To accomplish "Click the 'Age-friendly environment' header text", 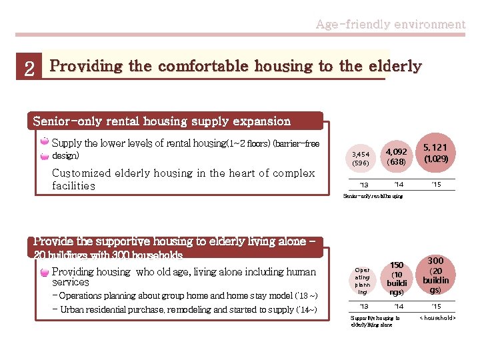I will pyautogui.click(x=390, y=25).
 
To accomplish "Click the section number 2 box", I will pyautogui.click(x=29, y=68).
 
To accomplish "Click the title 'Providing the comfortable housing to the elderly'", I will pyautogui.click(x=236, y=66).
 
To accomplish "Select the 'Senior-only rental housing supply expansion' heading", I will pyautogui.click(x=162, y=121).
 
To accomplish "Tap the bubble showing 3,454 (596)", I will pyautogui.click(x=361, y=158).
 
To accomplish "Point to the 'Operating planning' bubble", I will pyautogui.click(x=362, y=281).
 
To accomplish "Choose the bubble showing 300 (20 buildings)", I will pyautogui.click(x=435, y=275).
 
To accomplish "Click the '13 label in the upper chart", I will pyautogui.click(x=363, y=185).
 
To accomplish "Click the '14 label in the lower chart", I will pyautogui.click(x=399, y=307).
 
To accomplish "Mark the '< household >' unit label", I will pyautogui.click(x=437, y=318).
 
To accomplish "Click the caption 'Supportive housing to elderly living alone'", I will pyautogui.click(x=375, y=321).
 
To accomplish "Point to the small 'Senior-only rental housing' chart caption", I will pyautogui.click(x=373, y=197).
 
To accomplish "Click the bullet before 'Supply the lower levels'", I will pyautogui.click(x=44, y=142).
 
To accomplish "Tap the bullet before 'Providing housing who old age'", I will pyautogui.click(x=44, y=272).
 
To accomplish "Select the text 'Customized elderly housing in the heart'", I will pyautogui.click(x=183, y=179).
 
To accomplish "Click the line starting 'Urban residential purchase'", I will pyautogui.click(x=188, y=309).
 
